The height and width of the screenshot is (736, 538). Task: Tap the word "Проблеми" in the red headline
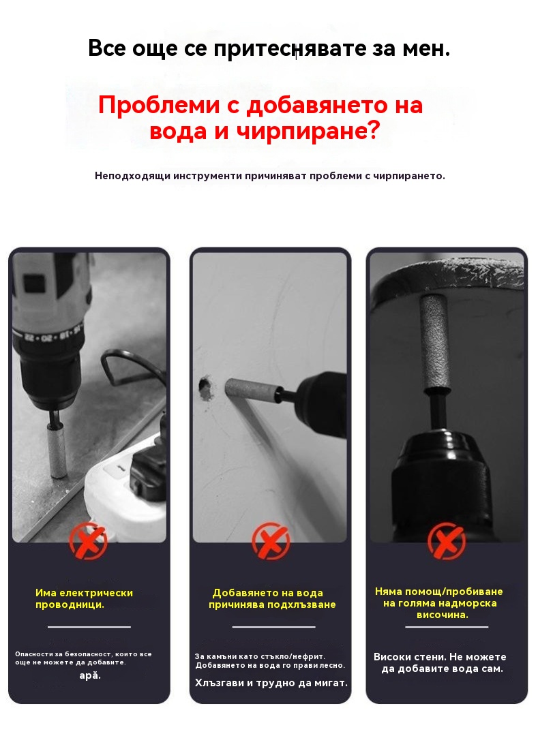(159, 105)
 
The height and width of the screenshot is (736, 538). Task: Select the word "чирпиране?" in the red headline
(308, 131)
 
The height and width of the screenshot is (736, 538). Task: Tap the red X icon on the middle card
(271, 541)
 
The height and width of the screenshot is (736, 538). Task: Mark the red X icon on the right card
(447, 540)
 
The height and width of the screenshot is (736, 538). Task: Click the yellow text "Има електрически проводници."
(84, 598)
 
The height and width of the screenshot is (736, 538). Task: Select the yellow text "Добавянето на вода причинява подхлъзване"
(272, 598)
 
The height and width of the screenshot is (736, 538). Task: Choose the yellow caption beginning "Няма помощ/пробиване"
(439, 603)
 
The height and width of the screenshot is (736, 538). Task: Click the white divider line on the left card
(89, 627)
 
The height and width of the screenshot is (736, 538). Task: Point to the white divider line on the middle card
(273, 627)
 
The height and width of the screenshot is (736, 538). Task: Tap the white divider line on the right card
(447, 627)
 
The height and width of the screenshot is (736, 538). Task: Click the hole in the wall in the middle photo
(205, 386)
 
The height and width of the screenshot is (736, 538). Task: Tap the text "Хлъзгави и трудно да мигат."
(271, 683)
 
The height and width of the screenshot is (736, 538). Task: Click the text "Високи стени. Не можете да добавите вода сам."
(440, 663)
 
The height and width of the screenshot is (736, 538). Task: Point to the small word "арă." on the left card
(90, 676)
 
